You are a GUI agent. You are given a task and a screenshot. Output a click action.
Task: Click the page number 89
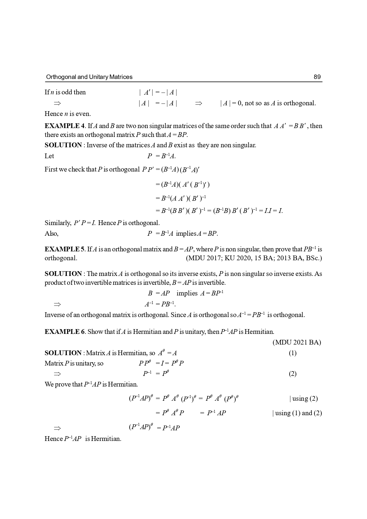(317, 77)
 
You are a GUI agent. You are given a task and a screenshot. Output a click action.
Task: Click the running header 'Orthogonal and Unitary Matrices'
(89, 77)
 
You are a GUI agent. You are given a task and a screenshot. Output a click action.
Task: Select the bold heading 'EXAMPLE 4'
(64, 126)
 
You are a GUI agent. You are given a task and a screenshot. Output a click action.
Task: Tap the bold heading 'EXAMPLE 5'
(64, 249)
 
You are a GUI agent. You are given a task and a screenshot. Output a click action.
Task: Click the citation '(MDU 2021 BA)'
(296, 342)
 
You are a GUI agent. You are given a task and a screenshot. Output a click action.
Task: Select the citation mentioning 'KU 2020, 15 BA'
(253, 258)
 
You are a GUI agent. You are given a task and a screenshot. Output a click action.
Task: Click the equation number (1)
(292, 353)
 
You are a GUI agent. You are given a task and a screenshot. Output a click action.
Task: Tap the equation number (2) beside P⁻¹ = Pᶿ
(292, 374)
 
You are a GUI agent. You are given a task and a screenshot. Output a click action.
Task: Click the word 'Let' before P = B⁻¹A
(49, 156)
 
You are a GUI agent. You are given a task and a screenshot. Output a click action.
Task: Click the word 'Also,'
(51, 233)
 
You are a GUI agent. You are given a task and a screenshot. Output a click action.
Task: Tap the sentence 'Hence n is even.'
(68, 114)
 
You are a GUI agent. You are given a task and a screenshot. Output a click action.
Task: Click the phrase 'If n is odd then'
(65, 92)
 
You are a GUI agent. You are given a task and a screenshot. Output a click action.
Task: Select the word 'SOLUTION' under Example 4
(63, 145)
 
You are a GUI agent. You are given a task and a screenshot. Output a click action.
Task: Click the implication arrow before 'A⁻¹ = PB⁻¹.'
(57, 304)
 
